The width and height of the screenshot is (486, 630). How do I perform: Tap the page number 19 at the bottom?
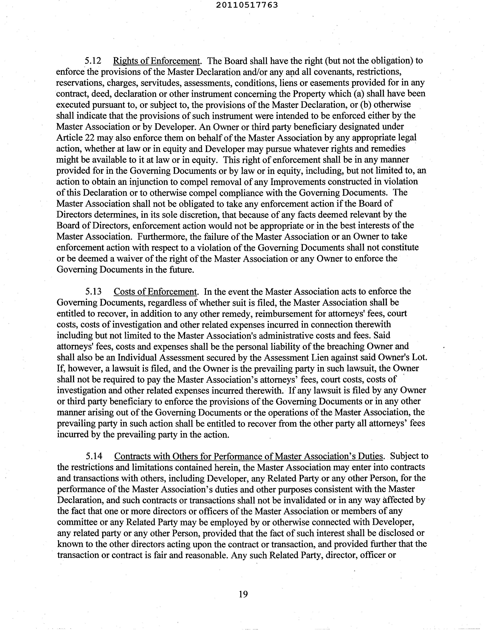point(243,594)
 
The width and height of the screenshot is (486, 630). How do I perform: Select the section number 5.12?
point(93,61)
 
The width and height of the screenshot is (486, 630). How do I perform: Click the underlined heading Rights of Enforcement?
point(156,61)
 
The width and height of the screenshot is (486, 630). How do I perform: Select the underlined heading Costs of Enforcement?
point(155,292)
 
